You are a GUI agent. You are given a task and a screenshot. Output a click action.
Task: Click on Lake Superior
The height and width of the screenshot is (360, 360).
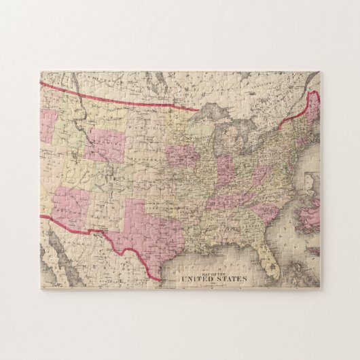[207, 113]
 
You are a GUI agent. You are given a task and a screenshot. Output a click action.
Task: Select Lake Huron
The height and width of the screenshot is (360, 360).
[241, 132]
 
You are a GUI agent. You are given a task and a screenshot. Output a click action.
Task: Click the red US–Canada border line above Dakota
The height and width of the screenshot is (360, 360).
[136, 101]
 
